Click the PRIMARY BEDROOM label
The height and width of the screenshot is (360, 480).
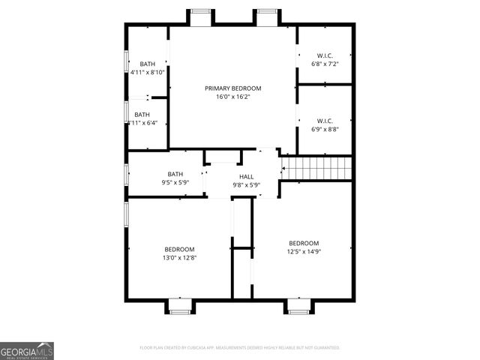coord(232,88)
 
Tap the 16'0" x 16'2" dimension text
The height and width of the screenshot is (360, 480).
coord(232,97)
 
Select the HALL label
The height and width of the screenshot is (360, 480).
coord(246,176)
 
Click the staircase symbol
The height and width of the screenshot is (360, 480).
coord(316,168)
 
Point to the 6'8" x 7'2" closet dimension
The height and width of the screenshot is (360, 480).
coord(325,64)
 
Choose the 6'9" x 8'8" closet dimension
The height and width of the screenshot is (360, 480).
coord(325,129)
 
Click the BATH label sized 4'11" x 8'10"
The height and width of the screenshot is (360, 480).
coord(147,64)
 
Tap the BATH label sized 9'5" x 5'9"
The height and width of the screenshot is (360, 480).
coord(175,173)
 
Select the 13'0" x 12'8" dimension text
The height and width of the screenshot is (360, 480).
coord(180,258)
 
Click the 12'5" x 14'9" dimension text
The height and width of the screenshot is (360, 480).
coord(304,252)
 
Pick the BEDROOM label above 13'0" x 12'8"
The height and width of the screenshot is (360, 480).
coord(180,249)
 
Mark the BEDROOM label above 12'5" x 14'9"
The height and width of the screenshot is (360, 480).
coord(304,243)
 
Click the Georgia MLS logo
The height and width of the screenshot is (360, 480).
coord(27,350)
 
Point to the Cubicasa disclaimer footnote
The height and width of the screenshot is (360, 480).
coord(240,348)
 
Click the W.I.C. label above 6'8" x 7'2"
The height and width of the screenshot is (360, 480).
coord(325,55)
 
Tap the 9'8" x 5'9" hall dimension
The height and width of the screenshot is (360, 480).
coord(246,184)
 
